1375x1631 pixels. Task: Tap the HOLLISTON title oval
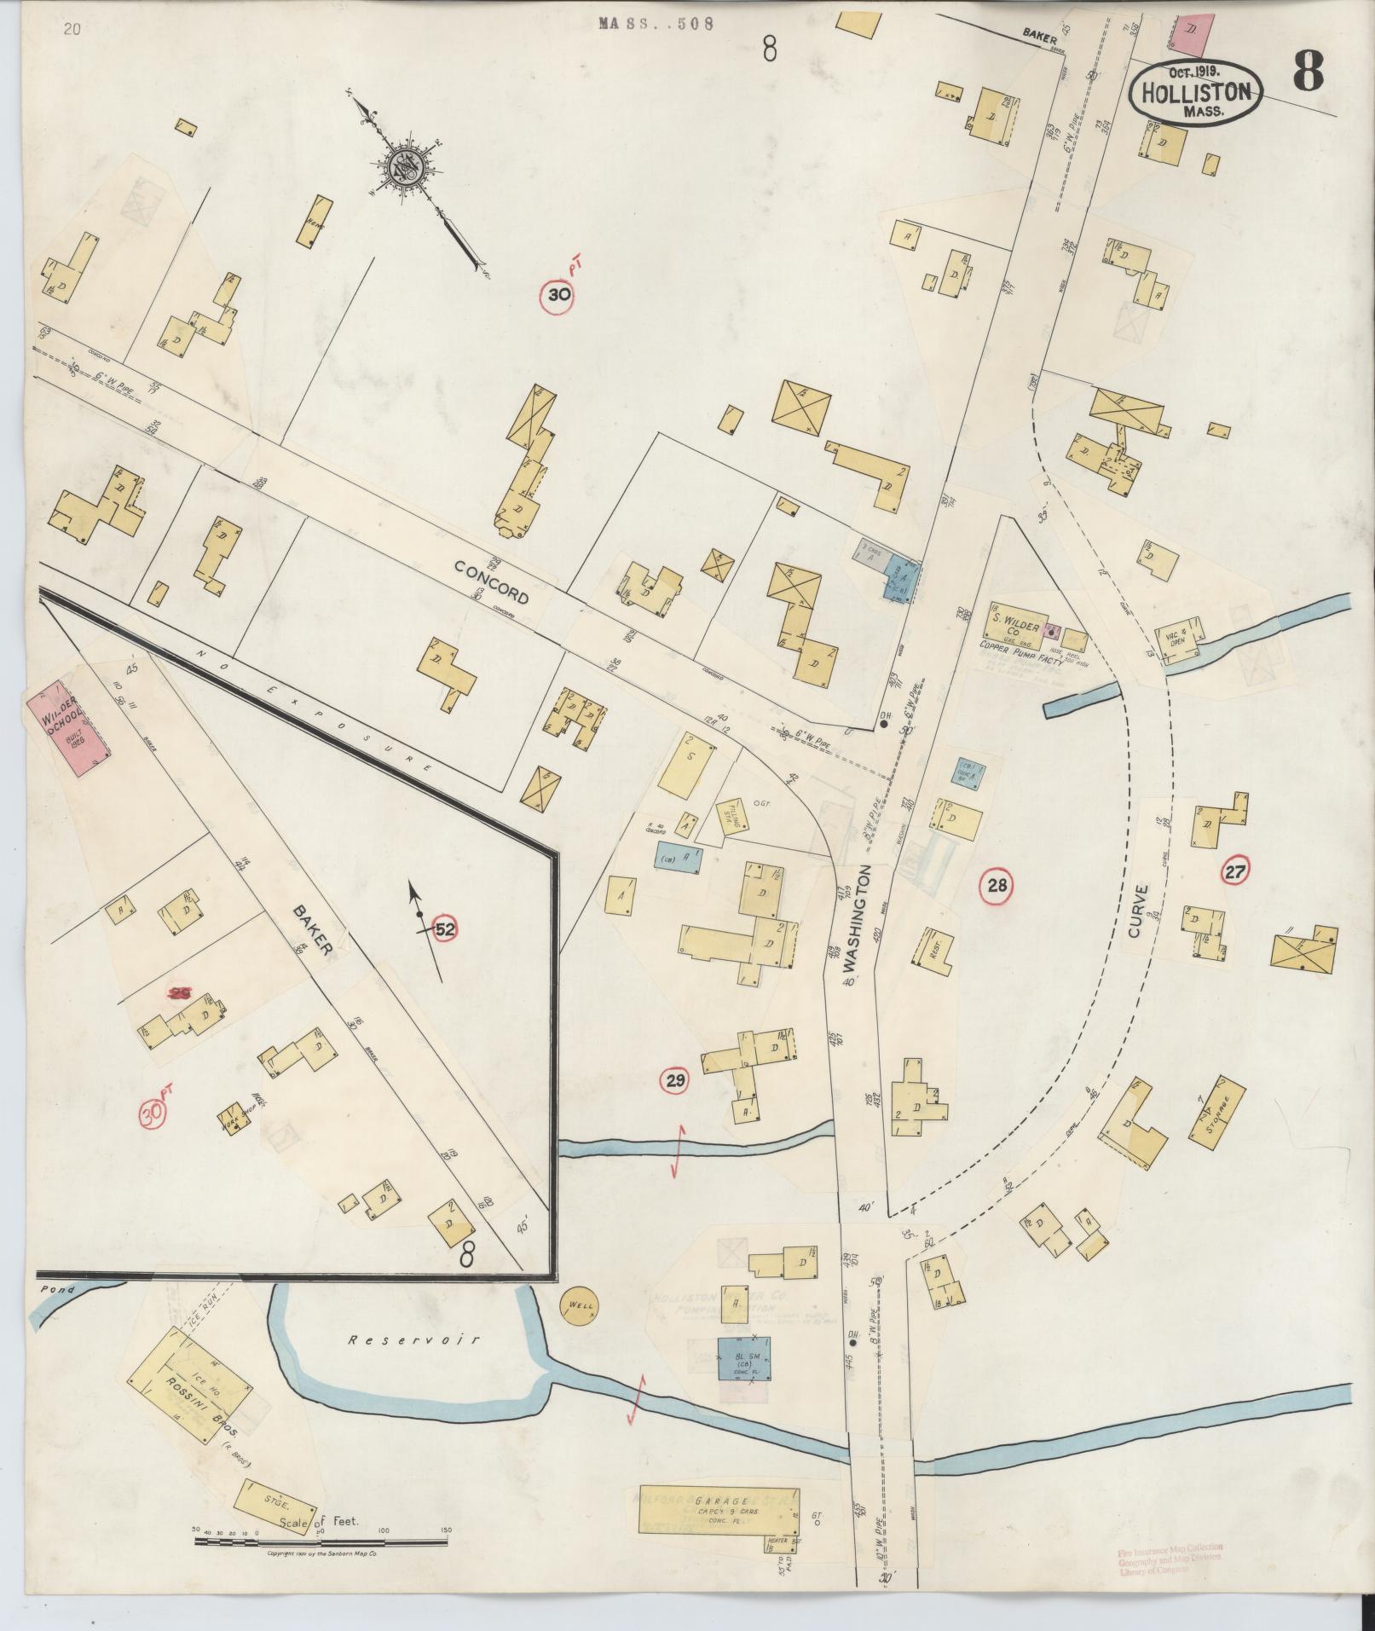coord(1197,92)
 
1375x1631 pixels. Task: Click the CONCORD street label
coord(491,582)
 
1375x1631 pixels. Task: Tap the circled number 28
coord(997,885)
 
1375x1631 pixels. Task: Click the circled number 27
coord(1235,871)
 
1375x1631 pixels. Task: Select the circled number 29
coord(675,1082)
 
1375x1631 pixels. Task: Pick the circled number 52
coord(444,929)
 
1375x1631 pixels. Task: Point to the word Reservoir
coord(413,1339)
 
